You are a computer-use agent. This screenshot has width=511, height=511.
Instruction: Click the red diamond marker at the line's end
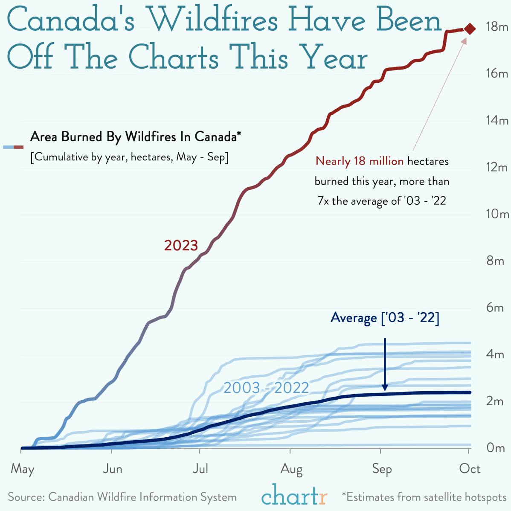470,29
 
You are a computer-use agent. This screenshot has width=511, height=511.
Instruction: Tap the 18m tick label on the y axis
497,27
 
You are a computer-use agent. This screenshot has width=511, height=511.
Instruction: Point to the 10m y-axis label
498,214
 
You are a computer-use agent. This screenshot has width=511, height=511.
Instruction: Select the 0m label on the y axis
496,448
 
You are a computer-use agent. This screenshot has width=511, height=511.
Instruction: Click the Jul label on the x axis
200,469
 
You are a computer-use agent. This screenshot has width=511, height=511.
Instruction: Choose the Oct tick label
470,469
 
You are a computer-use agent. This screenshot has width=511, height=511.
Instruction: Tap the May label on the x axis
22,469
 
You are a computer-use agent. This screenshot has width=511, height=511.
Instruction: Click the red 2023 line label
181,246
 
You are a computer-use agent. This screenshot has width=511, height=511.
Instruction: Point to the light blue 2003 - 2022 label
266,388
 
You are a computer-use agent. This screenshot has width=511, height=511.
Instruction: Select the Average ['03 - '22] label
385,318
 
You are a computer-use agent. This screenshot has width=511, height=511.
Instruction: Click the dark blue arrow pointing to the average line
385,365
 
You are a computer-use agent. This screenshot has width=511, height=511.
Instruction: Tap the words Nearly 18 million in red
359,161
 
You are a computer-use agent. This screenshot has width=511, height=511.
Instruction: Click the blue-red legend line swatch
13,147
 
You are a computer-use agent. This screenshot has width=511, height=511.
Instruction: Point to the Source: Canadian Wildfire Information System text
122,497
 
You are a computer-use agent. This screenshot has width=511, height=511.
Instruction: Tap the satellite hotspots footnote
424,497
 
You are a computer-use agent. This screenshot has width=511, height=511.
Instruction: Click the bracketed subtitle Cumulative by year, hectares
129,157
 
